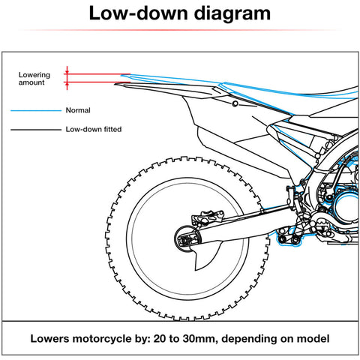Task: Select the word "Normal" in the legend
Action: click(x=79, y=110)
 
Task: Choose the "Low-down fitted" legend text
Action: click(x=94, y=129)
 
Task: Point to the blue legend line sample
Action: click(x=34, y=110)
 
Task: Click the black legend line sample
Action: click(x=34, y=129)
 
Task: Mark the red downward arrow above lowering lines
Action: click(x=67, y=70)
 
